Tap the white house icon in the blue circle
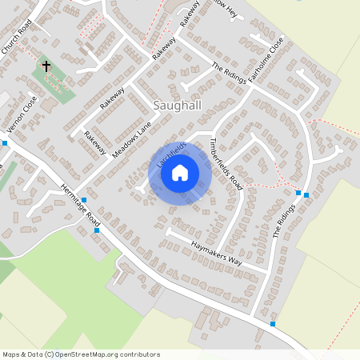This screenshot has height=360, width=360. pos(180,172)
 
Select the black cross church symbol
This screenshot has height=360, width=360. pos(46,66)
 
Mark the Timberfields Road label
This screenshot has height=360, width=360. pos(226,162)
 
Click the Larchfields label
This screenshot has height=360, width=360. pos(172,154)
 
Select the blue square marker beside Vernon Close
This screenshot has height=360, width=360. pos(5,142)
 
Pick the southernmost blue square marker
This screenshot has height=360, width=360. pos(273,324)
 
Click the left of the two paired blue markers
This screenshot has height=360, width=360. pos(298,193)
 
